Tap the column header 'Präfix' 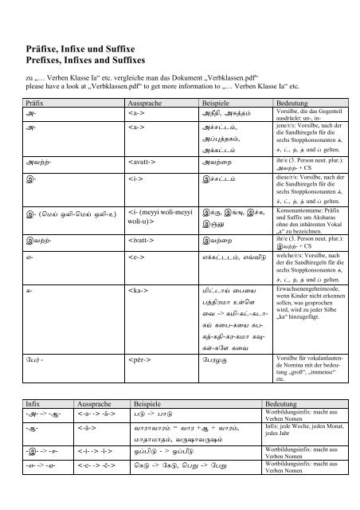(37, 104)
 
